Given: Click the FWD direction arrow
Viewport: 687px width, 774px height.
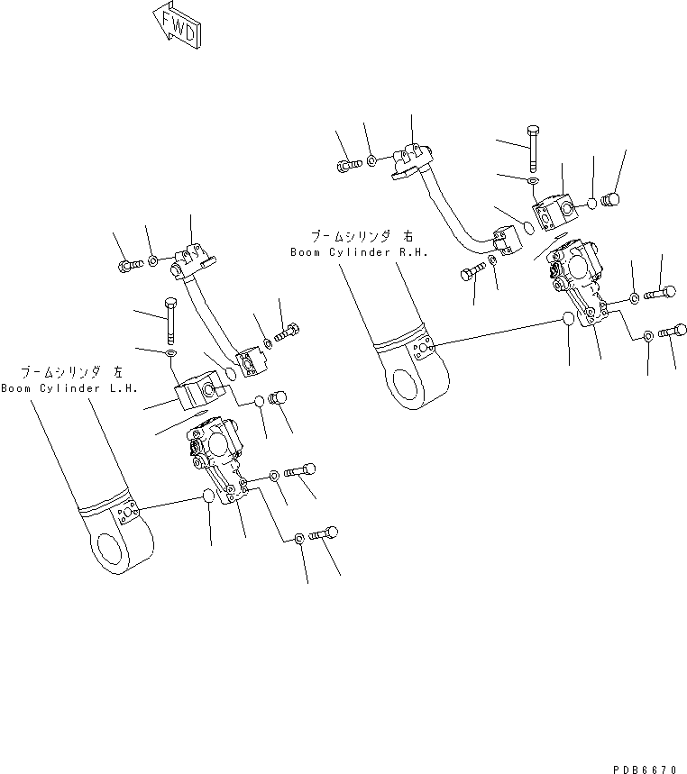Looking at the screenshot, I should tap(177, 25).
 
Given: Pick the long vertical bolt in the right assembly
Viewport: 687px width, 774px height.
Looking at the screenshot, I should tap(533, 148).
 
